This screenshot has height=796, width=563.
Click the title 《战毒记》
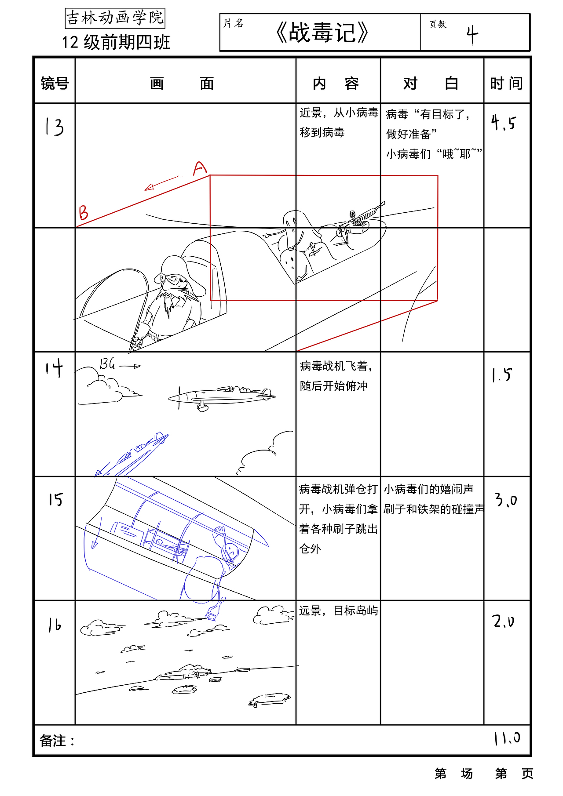322,33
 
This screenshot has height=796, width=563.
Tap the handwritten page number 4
472,35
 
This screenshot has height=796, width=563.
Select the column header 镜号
55,83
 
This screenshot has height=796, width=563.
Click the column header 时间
507,83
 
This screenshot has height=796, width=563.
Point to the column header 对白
431,83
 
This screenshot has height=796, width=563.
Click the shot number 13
55,127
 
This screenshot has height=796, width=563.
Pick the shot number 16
55,625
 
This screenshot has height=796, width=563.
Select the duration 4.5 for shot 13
503,123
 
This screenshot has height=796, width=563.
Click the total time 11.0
507,738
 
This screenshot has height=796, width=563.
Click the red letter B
84,213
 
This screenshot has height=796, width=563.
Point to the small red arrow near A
161,183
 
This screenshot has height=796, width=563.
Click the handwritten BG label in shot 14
107,364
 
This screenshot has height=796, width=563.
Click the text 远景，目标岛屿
338,611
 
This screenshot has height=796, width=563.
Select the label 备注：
57,741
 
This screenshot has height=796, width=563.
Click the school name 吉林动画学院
115,18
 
